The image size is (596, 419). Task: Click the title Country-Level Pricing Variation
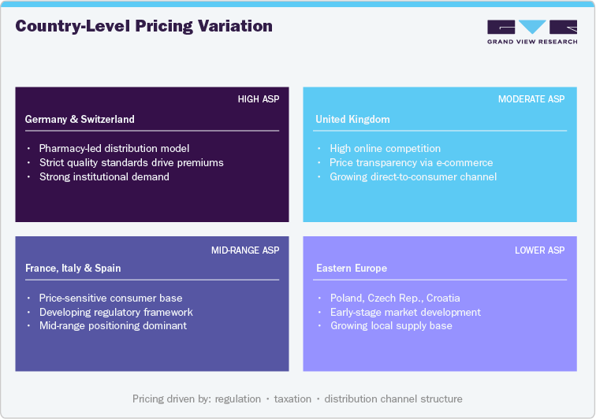coord(144,26)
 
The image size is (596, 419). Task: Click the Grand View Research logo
coord(532,32)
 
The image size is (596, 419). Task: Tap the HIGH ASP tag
coord(259,99)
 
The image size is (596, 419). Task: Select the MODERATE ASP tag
coord(531,99)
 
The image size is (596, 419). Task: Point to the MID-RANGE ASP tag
coord(245,250)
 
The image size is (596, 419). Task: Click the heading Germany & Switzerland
coord(80,120)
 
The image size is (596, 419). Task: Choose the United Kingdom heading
coord(352,120)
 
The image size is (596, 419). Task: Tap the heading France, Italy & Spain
coord(73,269)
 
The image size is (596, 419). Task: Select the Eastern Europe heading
coord(352,269)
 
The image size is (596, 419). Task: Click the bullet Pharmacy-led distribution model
coord(114,148)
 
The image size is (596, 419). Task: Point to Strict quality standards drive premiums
coord(132,162)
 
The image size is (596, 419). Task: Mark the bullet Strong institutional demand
coord(104,176)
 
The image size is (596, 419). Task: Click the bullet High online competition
coord(386,148)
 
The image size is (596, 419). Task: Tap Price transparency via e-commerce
coord(412,162)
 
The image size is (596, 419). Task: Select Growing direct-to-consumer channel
coord(413,176)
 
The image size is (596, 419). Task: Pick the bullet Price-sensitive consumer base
coord(110,298)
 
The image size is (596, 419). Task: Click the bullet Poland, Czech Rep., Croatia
coord(395,298)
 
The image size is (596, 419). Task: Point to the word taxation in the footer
coord(292,399)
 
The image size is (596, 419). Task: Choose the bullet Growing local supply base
coord(391,325)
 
